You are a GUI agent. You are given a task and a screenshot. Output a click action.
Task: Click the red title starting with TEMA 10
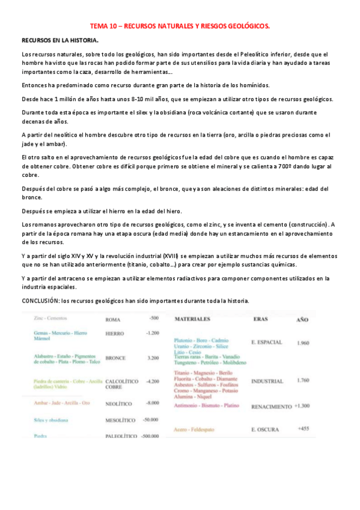(x=180, y=26)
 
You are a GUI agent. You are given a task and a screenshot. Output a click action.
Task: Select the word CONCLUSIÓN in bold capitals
(x=43, y=301)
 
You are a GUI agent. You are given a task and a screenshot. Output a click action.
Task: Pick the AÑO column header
(x=302, y=319)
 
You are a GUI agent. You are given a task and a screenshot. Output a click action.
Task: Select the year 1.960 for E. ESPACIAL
(x=303, y=343)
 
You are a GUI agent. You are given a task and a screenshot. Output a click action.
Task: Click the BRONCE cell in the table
(x=115, y=358)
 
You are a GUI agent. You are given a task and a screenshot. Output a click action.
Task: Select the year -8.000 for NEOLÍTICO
(x=152, y=402)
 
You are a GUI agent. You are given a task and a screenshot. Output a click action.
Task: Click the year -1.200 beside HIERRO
(x=152, y=333)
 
